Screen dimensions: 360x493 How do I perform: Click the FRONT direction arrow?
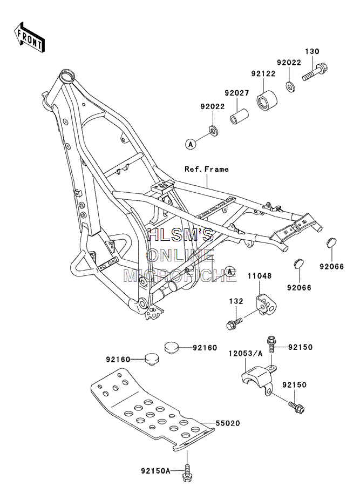(x=29, y=37)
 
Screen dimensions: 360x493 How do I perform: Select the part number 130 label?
(x=312, y=51)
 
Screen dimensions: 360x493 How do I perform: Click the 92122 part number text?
(x=263, y=73)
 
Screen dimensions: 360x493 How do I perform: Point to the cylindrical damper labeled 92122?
(x=267, y=100)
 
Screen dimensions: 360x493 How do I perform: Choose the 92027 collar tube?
(x=239, y=117)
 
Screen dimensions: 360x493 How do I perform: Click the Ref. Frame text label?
(x=207, y=169)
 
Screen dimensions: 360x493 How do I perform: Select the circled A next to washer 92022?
(x=190, y=144)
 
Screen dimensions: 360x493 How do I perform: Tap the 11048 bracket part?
(x=267, y=305)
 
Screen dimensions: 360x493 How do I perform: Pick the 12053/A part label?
(x=245, y=354)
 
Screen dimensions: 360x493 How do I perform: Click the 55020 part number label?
(x=227, y=423)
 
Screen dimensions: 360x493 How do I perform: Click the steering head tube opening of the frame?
(x=67, y=75)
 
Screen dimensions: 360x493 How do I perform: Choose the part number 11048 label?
(x=260, y=276)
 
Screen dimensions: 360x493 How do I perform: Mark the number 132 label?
(x=236, y=301)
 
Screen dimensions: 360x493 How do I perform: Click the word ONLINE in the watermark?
(x=180, y=255)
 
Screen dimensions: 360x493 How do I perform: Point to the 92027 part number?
(x=236, y=93)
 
